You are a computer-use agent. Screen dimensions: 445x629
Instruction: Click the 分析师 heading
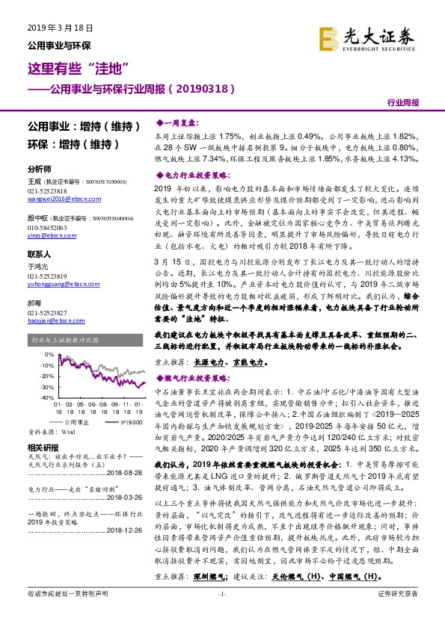pyautogui.click(x=38, y=169)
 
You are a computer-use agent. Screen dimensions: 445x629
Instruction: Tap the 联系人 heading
pyautogui.click(x=38, y=254)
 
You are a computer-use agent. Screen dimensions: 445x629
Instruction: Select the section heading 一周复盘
pyautogui.click(x=178, y=121)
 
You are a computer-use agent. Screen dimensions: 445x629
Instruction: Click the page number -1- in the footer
pyautogui.click(x=222, y=614)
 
